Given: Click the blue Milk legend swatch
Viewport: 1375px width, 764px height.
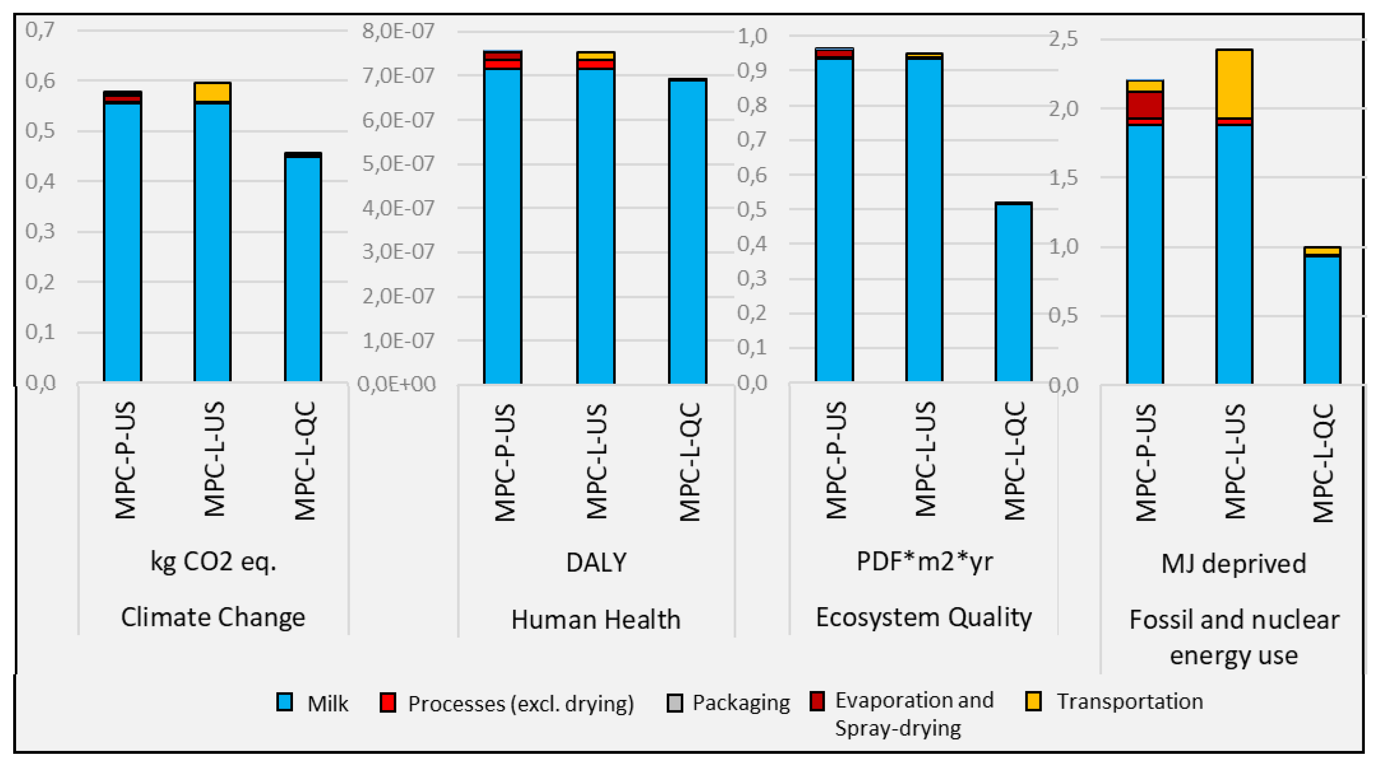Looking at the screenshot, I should pos(284,702).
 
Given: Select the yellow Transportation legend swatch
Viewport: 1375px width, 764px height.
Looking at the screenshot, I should pos(1034,701).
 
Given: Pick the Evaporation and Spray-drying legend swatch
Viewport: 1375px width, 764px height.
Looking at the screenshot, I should pos(817,701).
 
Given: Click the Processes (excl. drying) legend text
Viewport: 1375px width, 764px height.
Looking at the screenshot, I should pos(520,704).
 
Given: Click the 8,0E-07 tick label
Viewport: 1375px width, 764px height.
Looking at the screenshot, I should pos(398,31).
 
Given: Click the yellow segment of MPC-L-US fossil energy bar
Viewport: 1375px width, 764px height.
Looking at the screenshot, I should pos(1234,84).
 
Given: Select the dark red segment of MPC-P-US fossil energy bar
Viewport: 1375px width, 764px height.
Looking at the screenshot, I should pos(1145,105).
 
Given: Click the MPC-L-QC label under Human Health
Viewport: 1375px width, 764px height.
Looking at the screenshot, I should pos(689,461).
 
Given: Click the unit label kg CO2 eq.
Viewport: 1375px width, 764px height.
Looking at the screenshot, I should pos(213,561).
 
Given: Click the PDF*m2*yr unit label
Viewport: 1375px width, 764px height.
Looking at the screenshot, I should pos(924,561).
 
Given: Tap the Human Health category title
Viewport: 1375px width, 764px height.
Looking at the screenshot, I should pos(596,620).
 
